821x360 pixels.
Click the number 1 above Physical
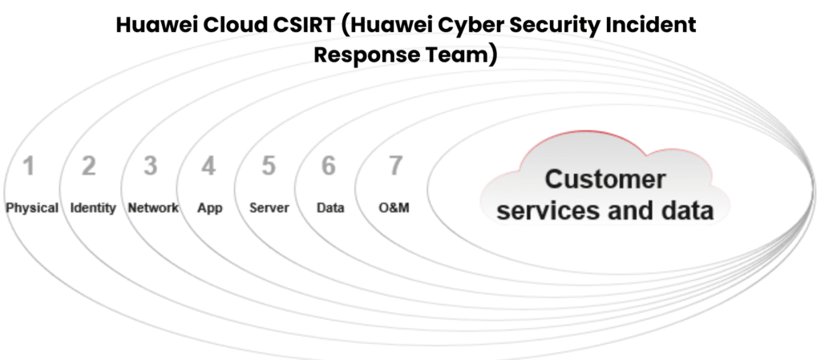pyautogui.click(x=29, y=167)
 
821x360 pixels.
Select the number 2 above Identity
pyautogui.click(x=89, y=167)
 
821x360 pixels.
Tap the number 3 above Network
pyautogui.click(x=150, y=167)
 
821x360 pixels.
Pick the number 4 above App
pyautogui.click(x=208, y=167)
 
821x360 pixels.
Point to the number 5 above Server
pyautogui.click(x=269, y=167)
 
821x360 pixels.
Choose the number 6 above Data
pyautogui.click(x=329, y=167)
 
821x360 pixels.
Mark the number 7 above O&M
pyautogui.click(x=394, y=167)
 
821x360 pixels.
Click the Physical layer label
pyautogui.click(x=32, y=208)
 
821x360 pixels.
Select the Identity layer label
pyautogui.click(x=93, y=208)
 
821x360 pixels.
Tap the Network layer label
pyautogui.click(x=153, y=208)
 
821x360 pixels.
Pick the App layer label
pyautogui.click(x=210, y=208)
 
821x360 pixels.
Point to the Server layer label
pyautogui.click(x=269, y=208)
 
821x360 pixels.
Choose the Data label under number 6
pyautogui.click(x=330, y=208)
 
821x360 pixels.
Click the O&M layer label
pyautogui.click(x=394, y=208)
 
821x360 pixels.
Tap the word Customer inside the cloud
pyautogui.click(x=605, y=179)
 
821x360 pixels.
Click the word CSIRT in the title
pyautogui.click(x=296, y=25)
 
